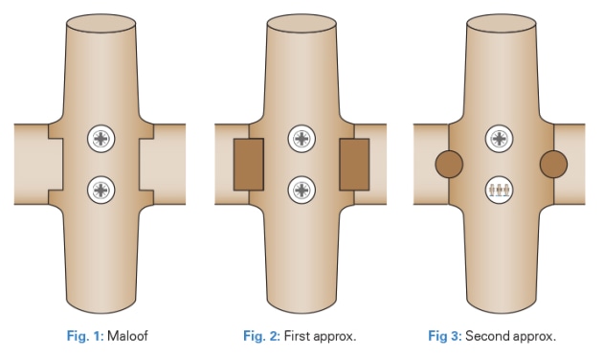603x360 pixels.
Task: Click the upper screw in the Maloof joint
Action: coord(101,140)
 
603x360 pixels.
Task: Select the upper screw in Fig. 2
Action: coord(302,140)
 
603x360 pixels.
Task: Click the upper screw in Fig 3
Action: coord(498,140)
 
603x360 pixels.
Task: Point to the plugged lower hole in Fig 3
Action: coord(498,190)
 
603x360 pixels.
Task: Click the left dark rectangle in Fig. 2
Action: coord(246,164)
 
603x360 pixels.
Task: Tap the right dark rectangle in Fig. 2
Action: coord(355,164)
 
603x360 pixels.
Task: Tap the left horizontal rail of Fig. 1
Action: coord(29,164)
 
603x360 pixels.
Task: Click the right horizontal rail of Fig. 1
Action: coord(172,164)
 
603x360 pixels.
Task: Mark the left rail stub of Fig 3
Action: coord(423,164)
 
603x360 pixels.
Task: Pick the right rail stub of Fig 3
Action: coord(573,164)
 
